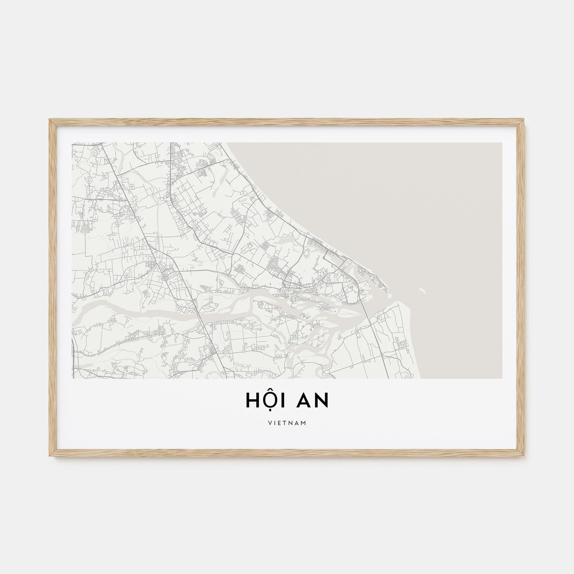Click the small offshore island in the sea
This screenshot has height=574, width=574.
pos(423,292)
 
